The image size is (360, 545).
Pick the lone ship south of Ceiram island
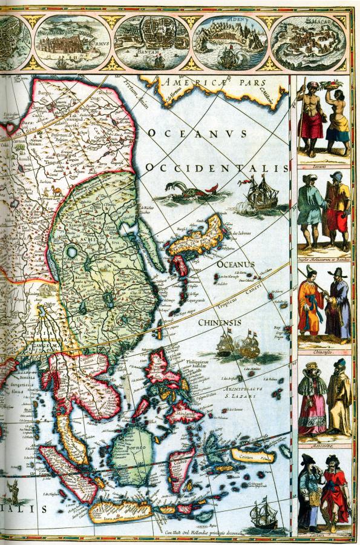265,515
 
